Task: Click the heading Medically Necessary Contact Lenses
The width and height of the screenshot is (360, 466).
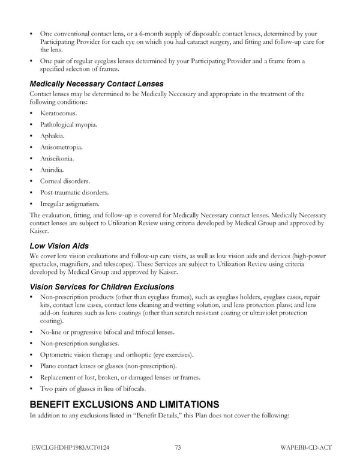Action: point(96,83)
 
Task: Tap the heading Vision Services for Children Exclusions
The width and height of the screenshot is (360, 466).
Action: point(101,286)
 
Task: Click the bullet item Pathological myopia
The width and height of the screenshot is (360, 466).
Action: point(68,124)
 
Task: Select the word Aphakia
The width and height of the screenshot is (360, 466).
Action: point(52,136)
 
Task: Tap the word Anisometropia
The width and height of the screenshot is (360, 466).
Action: point(61,147)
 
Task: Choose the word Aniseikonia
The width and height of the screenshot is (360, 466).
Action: point(57,159)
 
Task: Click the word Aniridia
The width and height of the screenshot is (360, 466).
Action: point(52,170)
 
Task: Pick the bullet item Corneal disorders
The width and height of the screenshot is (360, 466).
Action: point(65,181)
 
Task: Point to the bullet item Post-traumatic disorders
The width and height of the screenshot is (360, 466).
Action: point(74,192)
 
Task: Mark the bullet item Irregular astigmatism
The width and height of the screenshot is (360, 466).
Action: point(69,204)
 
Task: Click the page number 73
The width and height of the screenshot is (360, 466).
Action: point(178,447)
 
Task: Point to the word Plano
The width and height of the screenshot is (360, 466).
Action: point(48,366)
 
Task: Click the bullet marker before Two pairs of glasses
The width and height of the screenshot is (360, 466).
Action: point(31,389)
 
